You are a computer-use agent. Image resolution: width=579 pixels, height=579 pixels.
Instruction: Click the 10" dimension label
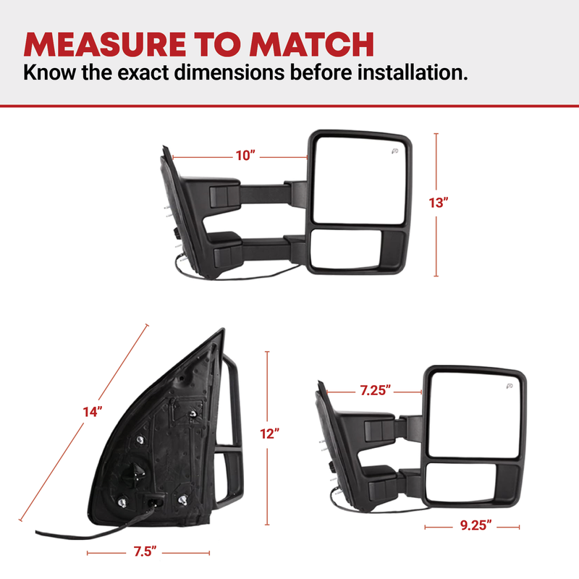pos(245,156)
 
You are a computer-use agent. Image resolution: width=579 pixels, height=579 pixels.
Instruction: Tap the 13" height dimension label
pos(439,203)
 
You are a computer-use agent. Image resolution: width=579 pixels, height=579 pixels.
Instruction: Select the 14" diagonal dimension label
pos(93,411)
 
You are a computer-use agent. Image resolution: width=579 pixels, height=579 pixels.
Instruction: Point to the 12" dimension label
pos(269,434)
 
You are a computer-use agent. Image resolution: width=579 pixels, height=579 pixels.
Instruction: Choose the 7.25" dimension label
pos(375,390)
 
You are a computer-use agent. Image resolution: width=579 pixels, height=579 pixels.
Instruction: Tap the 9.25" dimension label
pos(476,525)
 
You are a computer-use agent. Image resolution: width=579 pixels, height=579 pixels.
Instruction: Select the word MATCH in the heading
pos(312,44)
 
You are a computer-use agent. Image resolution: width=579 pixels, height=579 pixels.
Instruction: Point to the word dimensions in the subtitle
pos(229,72)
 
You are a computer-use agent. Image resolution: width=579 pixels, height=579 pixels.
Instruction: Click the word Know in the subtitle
pos(49,72)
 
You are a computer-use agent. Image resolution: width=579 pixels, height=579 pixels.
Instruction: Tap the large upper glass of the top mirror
pos(360,180)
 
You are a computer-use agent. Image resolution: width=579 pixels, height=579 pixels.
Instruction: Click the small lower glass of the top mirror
pos(345,248)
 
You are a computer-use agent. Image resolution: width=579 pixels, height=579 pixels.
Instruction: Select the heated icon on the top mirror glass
pos(394,151)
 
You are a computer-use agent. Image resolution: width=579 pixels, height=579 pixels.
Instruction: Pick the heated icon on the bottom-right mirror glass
pos(510,386)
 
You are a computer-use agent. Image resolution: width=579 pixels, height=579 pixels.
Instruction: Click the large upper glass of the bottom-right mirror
pos(475,415)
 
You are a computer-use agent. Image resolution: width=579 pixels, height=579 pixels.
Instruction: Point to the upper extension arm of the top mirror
pos(264,194)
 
